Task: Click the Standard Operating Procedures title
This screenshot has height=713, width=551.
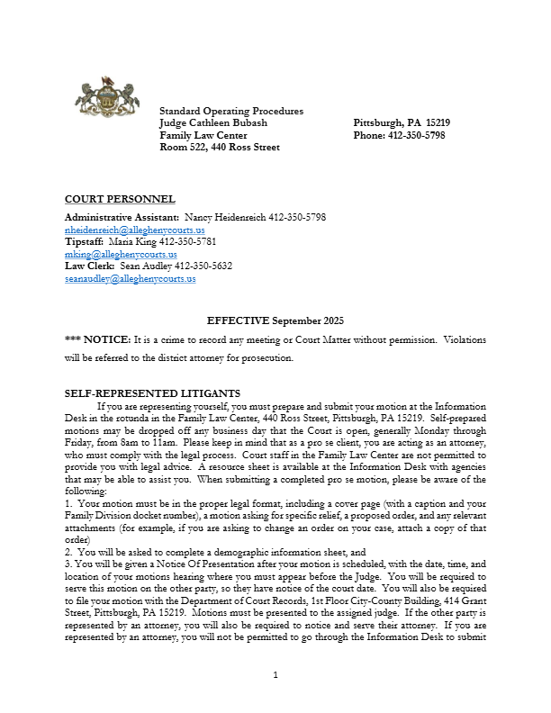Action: [231, 111]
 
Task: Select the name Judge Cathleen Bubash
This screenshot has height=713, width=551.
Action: [213, 122]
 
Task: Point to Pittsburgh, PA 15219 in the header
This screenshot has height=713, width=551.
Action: [402, 122]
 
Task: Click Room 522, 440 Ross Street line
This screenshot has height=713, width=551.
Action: [220, 147]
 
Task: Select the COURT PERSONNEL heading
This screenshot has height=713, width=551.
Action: [120, 199]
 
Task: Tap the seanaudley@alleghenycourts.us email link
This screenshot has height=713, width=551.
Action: [130, 279]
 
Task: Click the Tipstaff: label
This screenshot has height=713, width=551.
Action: [84, 242]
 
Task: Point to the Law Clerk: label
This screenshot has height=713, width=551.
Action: [90, 266]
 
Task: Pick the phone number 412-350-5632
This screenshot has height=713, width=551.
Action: [203, 266]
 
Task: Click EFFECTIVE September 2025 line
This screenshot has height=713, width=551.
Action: [275, 320]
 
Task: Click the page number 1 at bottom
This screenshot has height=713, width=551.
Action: [275, 674]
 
